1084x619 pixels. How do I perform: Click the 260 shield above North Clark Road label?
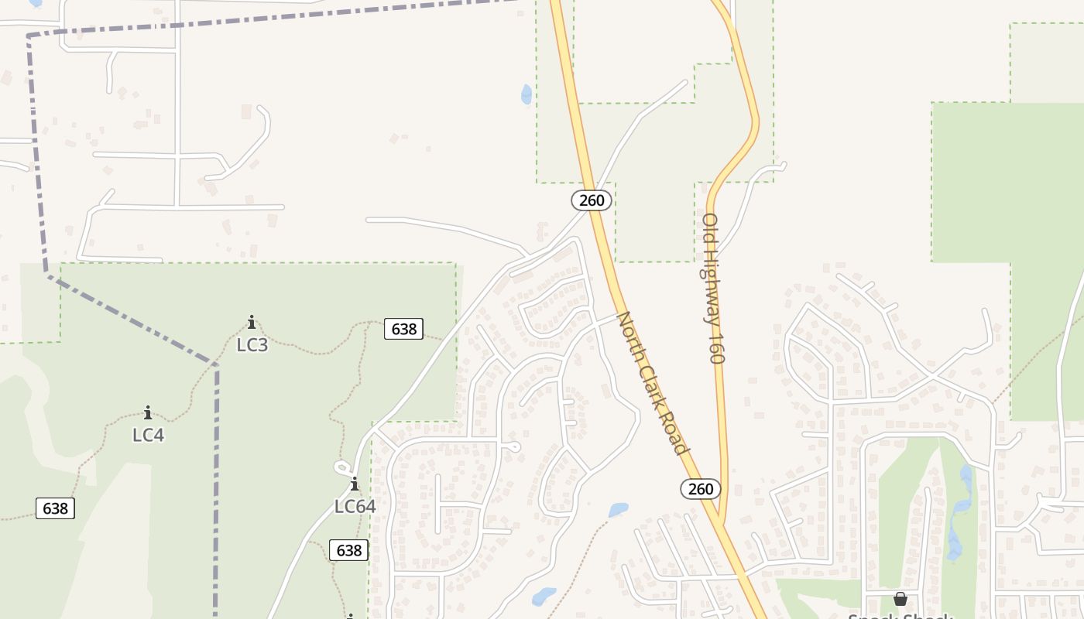coord(592,200)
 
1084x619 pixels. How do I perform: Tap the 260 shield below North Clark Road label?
coord(701,488)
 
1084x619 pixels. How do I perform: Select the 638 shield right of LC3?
coord(403,329)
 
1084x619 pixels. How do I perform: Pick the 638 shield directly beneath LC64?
coord(349,550)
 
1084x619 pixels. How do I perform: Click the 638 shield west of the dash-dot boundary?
coord(55,508)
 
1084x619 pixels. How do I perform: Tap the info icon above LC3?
coord(251,322)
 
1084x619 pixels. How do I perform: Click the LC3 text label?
coord(252,345)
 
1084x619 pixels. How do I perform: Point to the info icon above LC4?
coord(148,412)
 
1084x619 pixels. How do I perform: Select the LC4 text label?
coord(148,435)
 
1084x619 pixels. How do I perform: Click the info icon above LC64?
coord(355,484)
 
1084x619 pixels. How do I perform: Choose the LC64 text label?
coord(355,507)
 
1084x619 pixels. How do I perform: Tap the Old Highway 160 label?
coord(713,288)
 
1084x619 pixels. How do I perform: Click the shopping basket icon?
coord(900,599)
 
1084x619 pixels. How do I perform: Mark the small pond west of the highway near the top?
coord(527,94)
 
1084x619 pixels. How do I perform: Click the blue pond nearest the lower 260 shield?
coord(618,510)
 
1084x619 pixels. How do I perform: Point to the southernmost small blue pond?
coord(544,597)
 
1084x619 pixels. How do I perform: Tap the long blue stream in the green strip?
coord(960,511)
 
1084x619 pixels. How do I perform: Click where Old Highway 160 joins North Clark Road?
coord(721,523)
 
